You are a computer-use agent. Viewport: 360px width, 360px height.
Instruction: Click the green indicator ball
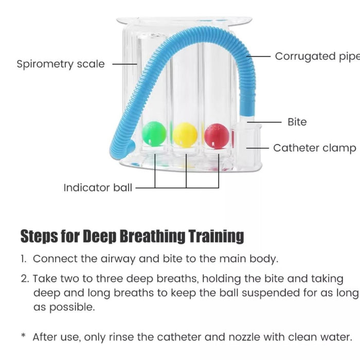(154, 134)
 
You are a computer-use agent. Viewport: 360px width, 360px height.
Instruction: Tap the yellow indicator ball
(185, 135)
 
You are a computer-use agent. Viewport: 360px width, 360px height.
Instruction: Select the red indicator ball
(217, 136)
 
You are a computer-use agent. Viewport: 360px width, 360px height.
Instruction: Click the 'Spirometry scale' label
(61, 64)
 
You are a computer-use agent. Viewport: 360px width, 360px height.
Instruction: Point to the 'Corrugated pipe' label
(317, 57)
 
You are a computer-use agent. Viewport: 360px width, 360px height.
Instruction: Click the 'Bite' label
(297, 122)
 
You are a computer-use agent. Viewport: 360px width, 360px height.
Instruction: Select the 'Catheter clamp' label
(315, 148)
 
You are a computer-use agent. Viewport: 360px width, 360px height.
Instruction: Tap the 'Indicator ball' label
(98, 188)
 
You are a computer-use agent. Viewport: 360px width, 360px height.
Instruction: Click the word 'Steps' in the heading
(39, 236)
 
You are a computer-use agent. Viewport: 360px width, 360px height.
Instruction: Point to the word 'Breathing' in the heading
(152, 236)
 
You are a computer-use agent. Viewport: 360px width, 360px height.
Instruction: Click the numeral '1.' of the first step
(24, 259)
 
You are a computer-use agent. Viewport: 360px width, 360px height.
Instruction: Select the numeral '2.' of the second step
(25, 279)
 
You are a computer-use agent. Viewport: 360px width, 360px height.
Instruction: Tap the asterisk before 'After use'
(23, 335)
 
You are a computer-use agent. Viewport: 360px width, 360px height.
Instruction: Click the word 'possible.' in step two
(64, 308)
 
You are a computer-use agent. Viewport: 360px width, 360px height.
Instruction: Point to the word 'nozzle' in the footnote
(244, 337)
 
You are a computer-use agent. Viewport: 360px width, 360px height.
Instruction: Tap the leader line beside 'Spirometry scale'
(124, 64)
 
